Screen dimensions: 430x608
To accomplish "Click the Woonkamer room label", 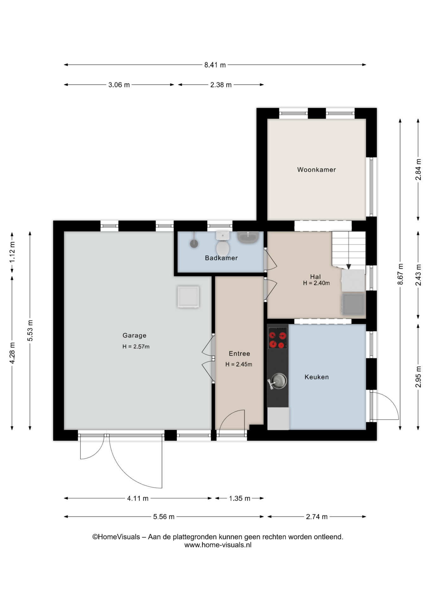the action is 316,170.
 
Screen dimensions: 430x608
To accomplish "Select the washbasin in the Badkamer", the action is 248,237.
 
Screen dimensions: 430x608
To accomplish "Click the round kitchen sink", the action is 279,381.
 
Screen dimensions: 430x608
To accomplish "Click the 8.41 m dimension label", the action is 215,65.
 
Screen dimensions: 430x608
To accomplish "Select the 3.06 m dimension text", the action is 119,85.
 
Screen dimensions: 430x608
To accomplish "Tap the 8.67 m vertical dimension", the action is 401,274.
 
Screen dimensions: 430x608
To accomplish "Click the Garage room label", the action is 135,335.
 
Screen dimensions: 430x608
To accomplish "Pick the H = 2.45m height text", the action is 239,364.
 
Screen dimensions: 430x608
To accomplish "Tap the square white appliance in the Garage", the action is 188,297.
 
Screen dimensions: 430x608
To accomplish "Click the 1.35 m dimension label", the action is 240,498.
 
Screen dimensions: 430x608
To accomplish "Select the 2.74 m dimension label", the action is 317,517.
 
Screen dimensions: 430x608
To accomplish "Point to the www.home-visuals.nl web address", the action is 218,545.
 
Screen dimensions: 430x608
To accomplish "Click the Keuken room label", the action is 317,377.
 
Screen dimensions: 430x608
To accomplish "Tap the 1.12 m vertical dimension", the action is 12,252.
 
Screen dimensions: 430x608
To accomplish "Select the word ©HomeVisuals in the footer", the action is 116,537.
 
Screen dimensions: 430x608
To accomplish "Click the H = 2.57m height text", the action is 136,347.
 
